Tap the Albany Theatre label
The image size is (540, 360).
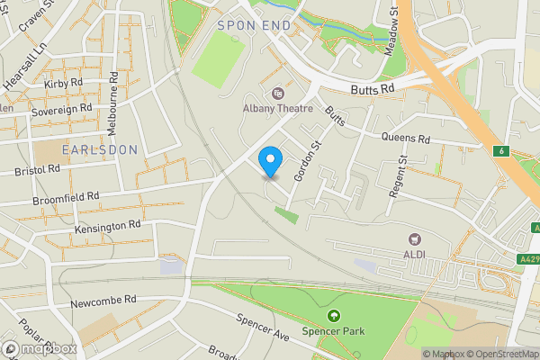(277, 109)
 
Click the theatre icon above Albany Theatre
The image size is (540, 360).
(277, 93)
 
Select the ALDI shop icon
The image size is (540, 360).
(415, 239)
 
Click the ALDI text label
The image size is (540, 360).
(415, 256)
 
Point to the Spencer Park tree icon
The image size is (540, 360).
(335, 316)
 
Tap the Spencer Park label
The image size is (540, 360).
(335, 332)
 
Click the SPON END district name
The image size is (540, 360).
(255, 26)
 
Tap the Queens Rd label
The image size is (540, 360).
(406, 139)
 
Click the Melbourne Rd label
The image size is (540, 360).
(113, 91)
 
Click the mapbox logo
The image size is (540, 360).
(38, 348)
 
